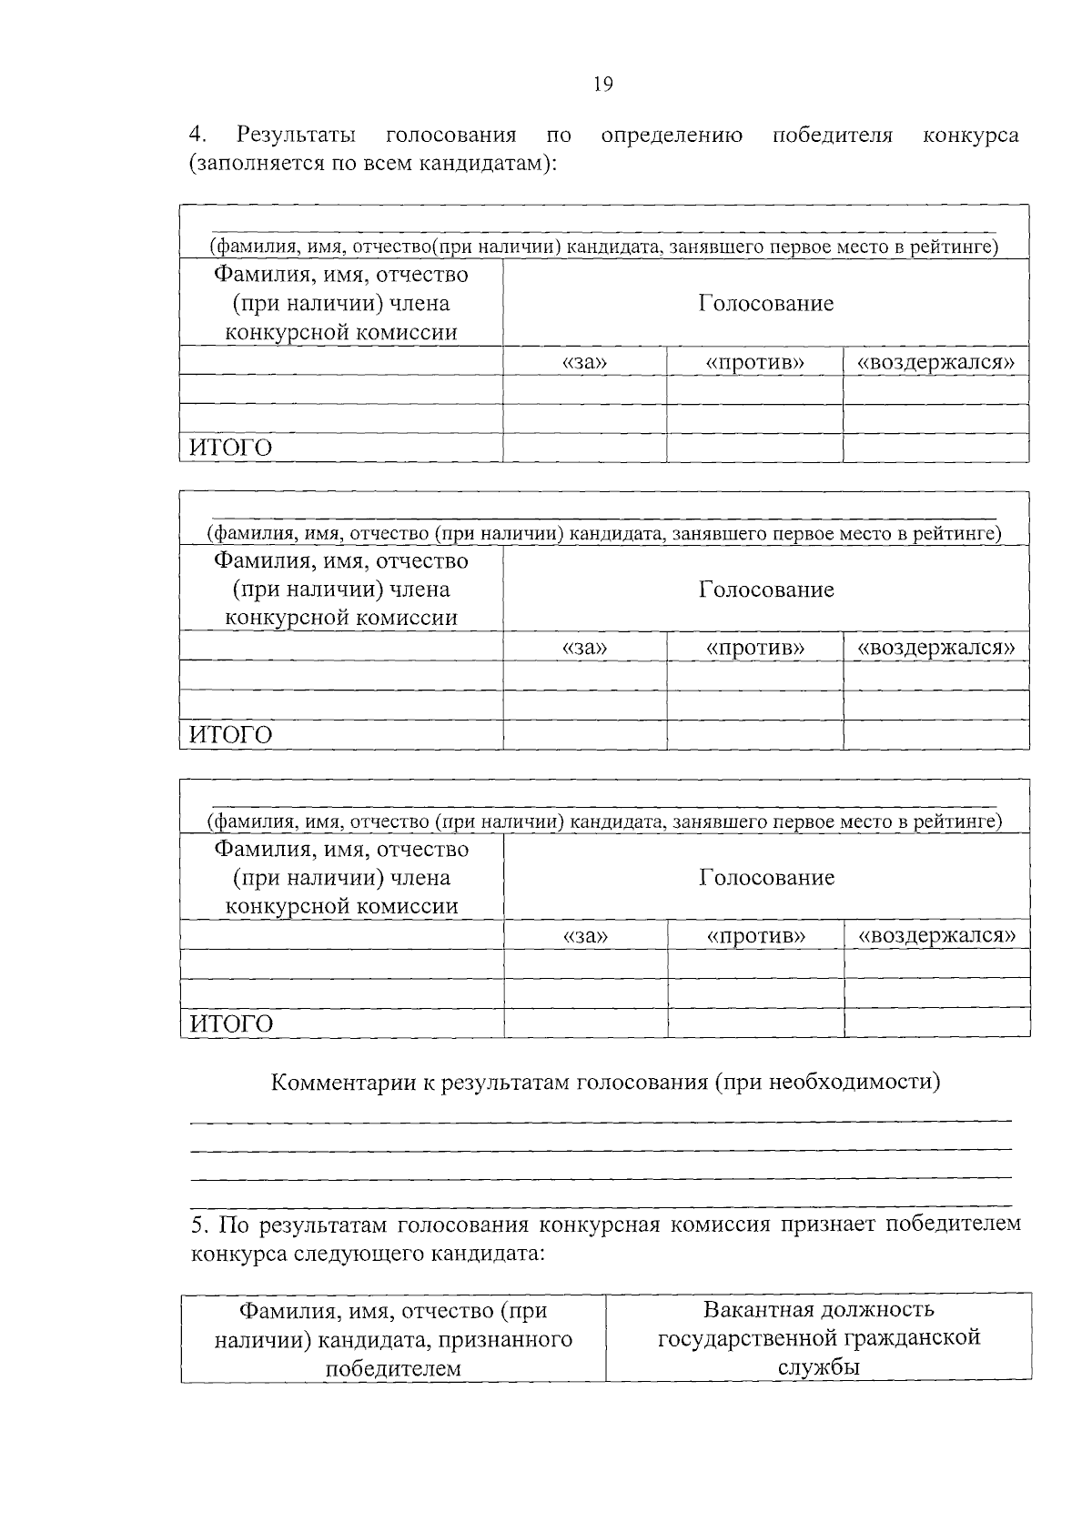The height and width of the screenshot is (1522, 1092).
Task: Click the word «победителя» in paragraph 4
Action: click(832, 136)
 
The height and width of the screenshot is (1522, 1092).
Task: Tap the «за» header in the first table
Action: click(584, 362)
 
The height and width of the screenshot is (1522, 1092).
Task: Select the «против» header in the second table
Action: click(754, 648)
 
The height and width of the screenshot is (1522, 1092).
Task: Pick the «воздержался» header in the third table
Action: click(936, 935)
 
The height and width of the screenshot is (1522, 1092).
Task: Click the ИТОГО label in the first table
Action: click(230, 448)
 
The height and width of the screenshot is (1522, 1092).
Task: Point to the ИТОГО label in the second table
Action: click(230, 734)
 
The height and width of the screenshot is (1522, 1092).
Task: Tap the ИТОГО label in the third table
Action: click(230, 1023)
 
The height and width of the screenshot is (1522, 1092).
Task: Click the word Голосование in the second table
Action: click(766, 590)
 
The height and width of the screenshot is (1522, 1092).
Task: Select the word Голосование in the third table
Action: click(766, 877)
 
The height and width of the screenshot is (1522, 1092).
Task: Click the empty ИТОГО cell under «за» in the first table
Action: click(584, 448)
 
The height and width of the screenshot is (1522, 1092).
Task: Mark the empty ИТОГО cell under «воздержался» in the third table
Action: click(936, 1023)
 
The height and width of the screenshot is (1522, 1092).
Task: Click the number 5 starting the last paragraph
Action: click(197, 1225)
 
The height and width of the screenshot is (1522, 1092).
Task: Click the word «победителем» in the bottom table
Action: click(393, 1368)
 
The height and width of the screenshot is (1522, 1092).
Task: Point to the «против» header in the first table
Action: click(754, 362)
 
